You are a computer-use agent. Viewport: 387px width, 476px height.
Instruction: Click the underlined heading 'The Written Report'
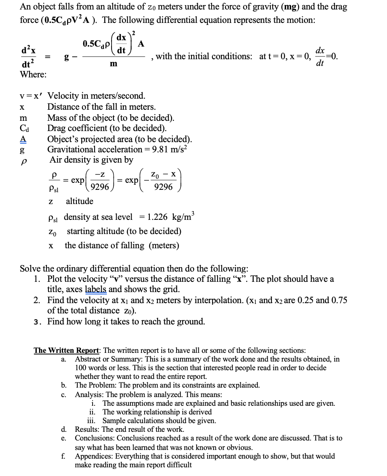67,350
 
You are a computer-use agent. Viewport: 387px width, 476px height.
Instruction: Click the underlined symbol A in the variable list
23,139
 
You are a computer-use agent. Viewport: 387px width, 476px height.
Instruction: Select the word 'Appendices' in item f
93,456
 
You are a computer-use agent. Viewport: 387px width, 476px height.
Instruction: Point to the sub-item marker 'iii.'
93,421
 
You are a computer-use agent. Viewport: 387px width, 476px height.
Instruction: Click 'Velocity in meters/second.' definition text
96,96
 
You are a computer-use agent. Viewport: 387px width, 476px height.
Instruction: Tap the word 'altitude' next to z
80,201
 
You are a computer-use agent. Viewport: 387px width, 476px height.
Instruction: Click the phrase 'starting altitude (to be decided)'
124,231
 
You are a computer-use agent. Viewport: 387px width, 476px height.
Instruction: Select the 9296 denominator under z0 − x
163,187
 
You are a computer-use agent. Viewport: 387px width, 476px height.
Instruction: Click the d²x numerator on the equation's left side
28,51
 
